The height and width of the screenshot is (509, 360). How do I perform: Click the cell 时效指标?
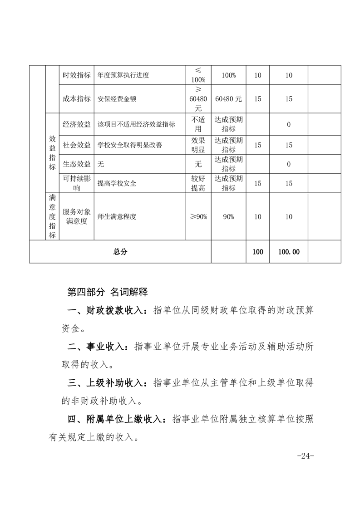click(x=77, y=75)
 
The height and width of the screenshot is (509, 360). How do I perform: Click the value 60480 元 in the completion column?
click(x=228, y=99)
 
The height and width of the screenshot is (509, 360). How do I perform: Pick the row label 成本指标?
click(x=77, y=99)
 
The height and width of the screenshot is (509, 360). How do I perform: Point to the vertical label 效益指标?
click(x=53, y=154)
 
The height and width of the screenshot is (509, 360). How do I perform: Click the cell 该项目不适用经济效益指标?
click(x=136, y=125)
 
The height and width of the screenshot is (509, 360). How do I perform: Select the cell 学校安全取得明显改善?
click(x=130, y=145)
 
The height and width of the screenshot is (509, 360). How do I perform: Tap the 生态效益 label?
click(x=77, y=164)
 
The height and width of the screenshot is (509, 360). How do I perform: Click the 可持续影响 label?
click(x=77, y=184)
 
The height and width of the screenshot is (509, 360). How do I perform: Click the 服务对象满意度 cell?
click(x=77, y=217)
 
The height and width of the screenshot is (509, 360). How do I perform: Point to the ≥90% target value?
click(x=198, y=217)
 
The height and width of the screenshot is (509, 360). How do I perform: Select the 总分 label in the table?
click(x=120, y=252)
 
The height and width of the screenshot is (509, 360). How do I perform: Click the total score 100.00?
click(x=289, y=252)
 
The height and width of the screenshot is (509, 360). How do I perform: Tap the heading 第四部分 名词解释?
click(x=108, y=292)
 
